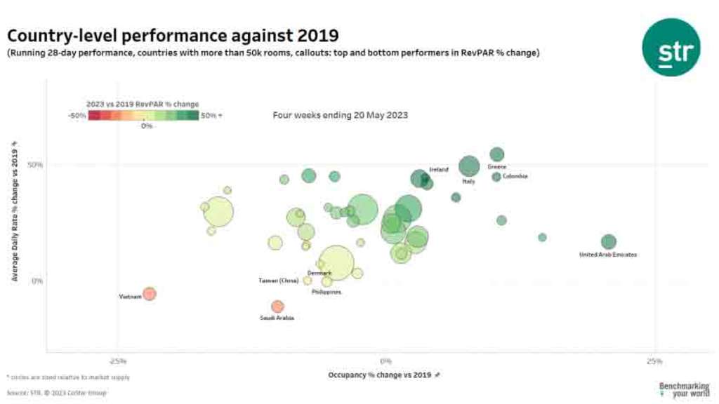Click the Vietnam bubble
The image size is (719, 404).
click(149, 294)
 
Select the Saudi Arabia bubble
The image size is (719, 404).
click(277, 307)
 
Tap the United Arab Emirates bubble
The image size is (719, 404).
click(609, 242)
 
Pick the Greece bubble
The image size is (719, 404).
click(497, 154)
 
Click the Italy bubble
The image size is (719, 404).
click(469, 167)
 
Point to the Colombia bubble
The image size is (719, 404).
click(496, 177)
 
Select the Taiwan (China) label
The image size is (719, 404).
click(279, 281)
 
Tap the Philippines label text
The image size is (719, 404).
click(326, 292)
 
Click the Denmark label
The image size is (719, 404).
click(319, 273)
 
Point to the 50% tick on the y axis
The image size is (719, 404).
click(35, 165)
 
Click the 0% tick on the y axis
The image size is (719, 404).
click(38, 281)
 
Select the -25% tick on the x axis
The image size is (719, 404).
click(118, 361)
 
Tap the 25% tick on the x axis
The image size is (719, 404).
click(653, 361)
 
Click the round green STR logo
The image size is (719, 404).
click(671, 48)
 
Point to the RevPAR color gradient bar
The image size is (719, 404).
click(143, 116)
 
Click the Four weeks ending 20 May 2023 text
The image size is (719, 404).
click(340, 114)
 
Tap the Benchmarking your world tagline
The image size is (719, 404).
click(684, 390)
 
